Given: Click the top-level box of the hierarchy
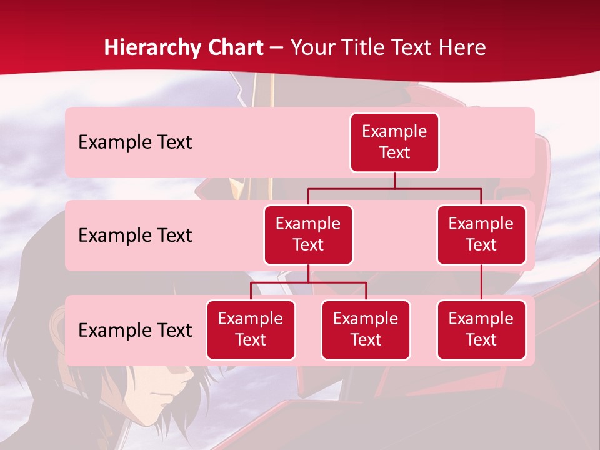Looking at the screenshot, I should pos(394,142).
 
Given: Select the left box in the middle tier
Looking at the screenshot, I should pos(308,234).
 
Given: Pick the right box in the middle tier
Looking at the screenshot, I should pos(481,234).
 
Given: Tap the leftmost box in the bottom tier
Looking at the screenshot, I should pos(251,329).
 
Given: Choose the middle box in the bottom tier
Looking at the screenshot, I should pos(366,329).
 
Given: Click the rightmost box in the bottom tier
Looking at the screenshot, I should pos(481,329).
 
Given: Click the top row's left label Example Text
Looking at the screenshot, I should pos(135,142).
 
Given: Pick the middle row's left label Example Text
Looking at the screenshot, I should pos(135,236).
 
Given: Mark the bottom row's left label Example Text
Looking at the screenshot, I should pos(135,331).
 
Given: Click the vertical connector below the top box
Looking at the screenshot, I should pos(394,180).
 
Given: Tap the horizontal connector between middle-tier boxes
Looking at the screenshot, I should pos(394,188).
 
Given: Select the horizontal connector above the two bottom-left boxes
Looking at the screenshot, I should pos(308,282).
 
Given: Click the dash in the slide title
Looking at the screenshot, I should pos(277,48).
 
